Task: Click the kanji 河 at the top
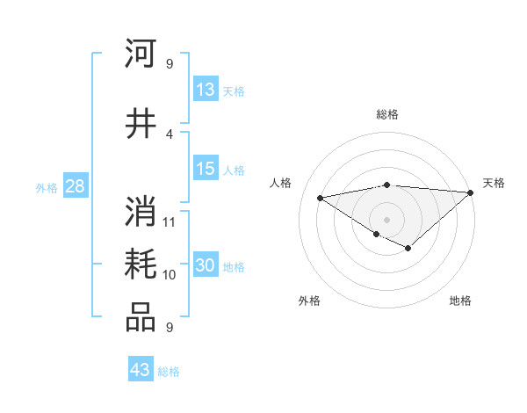pos(141,54)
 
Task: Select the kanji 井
pos(141,123)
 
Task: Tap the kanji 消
pos(141,212)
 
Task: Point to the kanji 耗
pos(141,265)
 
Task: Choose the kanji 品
pos(141,318)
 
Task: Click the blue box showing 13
pos(206,90)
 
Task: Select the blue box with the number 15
pos(206,170)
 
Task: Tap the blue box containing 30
pos(206,266)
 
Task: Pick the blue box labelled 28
pos(75,186)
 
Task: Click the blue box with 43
pos(141,370)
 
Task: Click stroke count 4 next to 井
pos(170,134)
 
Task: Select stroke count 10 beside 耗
pos(170,275)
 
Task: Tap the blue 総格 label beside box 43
pos(169,372)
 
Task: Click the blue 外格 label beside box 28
pos(47,188)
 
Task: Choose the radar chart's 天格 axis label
pos(494,183)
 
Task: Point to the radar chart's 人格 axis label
pos(281,183)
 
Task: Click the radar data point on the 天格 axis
pos(471,192)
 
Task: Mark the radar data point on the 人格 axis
pos(321,197)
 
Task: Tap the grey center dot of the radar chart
pos(386,218)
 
